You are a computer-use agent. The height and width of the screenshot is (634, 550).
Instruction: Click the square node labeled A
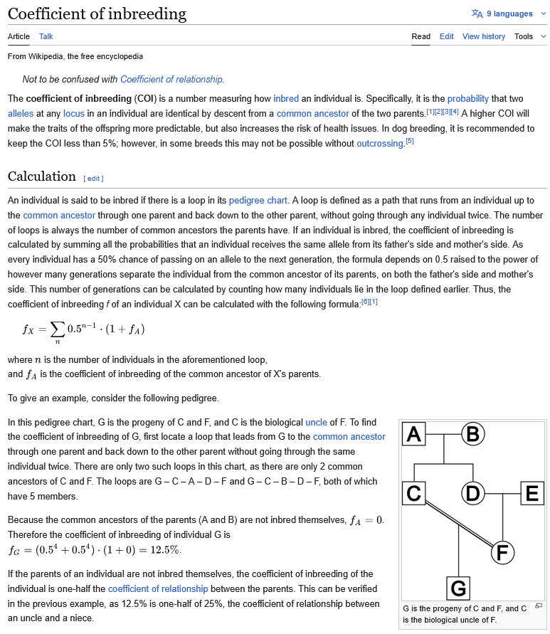coord(415,433)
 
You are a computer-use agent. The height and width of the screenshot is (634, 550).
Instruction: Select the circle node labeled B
coord(473,433)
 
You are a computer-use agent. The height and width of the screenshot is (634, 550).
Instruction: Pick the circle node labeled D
coord(473,493)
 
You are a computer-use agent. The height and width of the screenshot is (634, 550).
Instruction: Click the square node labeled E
coord(532,493)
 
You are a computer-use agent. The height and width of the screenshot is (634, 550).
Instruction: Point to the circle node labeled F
coord(502,552)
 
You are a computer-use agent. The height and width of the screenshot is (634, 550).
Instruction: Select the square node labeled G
coord(459,588)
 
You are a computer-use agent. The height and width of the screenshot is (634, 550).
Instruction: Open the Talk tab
coord(46,36)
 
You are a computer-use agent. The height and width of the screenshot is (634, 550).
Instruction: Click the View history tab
coord(484,36)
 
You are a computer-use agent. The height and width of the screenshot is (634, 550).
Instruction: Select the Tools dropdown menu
coord(530,36)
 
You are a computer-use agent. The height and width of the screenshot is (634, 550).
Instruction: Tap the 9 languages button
coord(502,14)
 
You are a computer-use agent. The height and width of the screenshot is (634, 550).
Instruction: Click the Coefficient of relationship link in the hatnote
coord(171,79)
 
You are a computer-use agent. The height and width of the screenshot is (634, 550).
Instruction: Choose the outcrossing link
coord(380,143)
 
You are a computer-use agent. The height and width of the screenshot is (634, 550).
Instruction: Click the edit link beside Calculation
coord(94,178)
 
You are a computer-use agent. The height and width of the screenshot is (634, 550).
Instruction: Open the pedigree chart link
coord(258,201)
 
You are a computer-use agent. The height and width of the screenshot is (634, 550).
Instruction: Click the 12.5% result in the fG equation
coord(165,549)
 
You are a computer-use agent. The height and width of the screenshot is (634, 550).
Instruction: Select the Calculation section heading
coord(41,176)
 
